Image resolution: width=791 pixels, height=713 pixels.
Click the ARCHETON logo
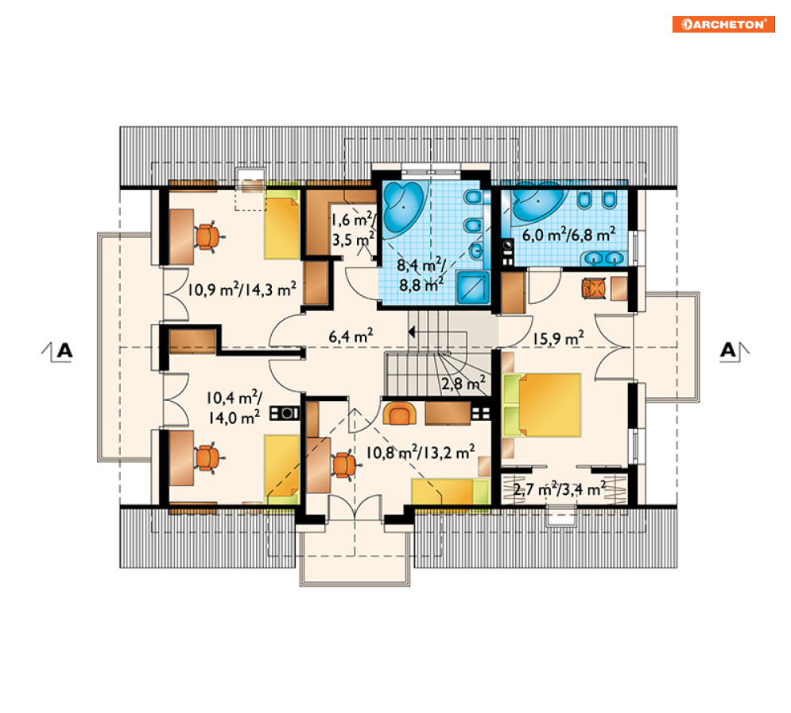pos(723,24)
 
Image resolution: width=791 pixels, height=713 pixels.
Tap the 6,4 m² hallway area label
pos(351,336)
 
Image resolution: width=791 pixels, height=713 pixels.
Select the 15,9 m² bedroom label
pos(558,338)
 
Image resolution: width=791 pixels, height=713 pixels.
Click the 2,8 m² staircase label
pos(463,384)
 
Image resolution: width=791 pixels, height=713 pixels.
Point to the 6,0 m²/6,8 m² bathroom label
pos(568,235)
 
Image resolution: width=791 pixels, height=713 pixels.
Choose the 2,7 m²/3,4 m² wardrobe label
pos(560,489)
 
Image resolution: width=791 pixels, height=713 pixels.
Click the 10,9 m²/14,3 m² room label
pos(242,290)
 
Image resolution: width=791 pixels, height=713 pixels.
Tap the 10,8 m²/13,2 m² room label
pos(421,452)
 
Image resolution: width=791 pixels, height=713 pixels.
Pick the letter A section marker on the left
pos(64,350)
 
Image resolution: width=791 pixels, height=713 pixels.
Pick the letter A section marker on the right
pos(728,350)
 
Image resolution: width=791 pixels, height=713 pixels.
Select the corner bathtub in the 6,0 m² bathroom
pos(538,202)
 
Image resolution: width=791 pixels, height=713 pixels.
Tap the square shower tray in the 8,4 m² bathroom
pos(473,287)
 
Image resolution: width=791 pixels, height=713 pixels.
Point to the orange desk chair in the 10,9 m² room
pos(207,236)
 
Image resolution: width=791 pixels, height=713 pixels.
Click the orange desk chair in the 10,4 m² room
pos(207,458)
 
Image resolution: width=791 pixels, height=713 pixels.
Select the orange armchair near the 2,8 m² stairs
pos(399,414)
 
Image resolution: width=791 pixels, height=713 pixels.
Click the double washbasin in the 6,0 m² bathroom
pos(604,258)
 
